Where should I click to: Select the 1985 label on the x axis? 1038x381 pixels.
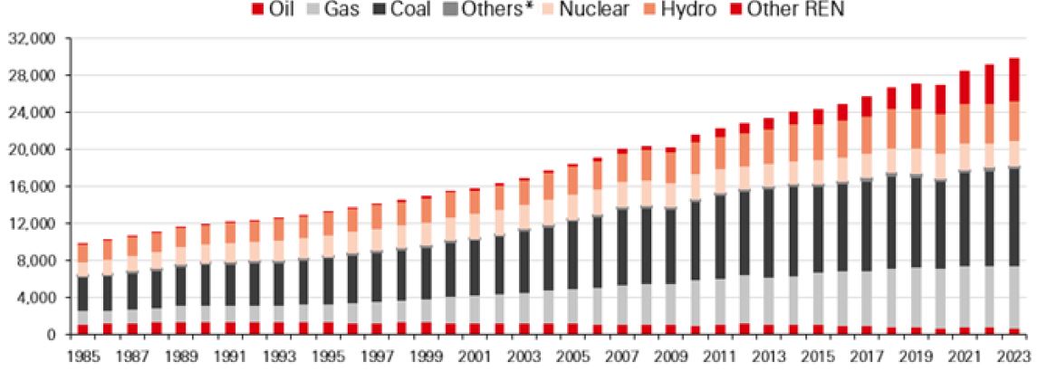point(82,357)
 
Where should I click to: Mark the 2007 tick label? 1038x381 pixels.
point(623,357)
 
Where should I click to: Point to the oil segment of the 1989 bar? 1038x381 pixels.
point(180,328)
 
